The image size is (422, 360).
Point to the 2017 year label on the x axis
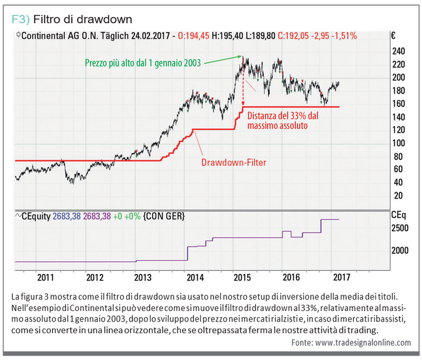(x=342, y=276)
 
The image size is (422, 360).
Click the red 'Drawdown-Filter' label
(x=234, y=163)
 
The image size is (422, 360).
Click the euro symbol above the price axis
(x=392, y=36)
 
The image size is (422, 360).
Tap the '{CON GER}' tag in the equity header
(x=164, y=216)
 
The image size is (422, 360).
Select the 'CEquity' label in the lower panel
(x=34, y=216)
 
